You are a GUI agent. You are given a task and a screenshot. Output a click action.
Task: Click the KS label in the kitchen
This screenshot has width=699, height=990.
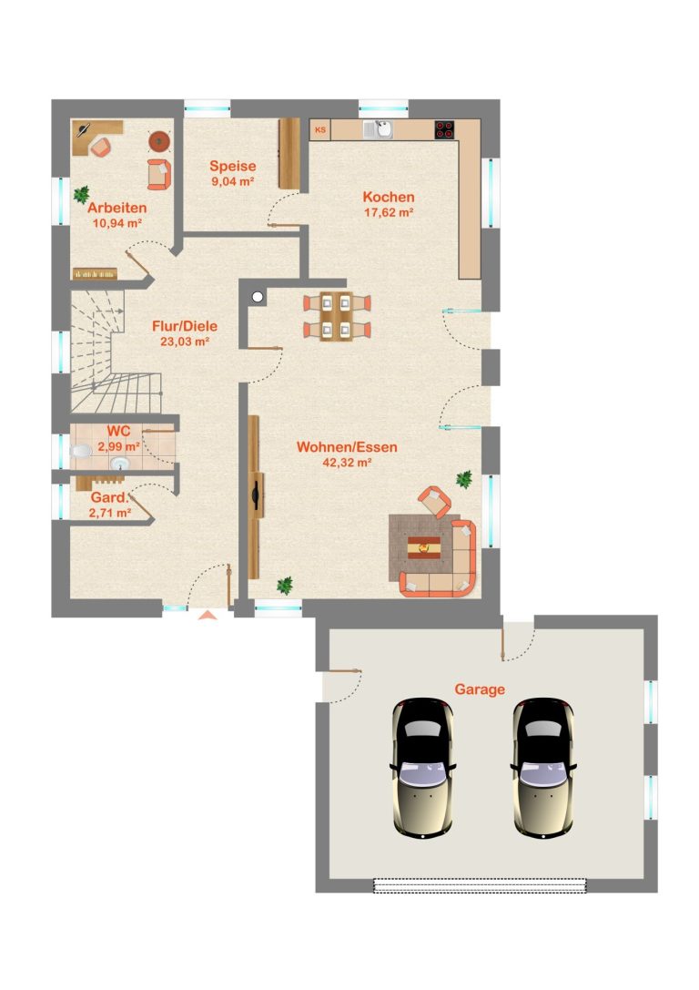[x=320, y=130]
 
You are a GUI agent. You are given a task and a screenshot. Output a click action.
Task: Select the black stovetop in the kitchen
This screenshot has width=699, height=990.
[x=444, y=129]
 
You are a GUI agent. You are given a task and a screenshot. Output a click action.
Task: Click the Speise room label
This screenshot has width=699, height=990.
[x=233, y=166]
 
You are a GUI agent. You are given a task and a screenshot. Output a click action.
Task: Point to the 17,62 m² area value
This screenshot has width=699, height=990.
[x=389, y=212]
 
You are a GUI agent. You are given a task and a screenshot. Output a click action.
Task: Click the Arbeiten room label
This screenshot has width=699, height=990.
[x=117, y=208]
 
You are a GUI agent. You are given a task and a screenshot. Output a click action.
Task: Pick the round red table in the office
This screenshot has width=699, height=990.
[x=159, y=141]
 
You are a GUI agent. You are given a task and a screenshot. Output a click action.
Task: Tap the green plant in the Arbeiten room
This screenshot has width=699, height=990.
[x=81, y=195]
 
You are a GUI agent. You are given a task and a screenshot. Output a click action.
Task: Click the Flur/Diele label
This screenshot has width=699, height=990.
[x=185, y=326]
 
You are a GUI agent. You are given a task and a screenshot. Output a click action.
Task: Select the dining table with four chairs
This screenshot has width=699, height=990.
[x=336, y=316]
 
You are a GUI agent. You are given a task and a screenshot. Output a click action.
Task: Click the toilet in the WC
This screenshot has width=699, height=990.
[x=80, y=452]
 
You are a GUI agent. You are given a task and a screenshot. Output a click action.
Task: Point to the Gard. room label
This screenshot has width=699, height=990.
[x=110, y=497]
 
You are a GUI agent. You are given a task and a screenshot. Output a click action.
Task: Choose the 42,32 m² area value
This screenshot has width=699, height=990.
[x=347, y=462]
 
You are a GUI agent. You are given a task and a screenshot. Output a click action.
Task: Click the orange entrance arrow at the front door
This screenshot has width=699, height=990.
[x=208, y=615]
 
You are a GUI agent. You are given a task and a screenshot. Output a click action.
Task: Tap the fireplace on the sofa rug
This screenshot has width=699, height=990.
[x=424, y=546]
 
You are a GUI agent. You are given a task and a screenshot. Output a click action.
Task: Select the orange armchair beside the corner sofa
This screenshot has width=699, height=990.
[x=434, y=501]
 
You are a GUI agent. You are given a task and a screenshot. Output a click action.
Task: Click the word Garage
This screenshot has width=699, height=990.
[x=480, y=689]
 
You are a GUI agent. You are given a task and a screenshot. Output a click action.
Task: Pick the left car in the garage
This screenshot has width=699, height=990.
[x=422, y=768]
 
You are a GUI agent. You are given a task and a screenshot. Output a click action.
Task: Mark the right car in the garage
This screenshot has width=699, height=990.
[x=543, y=768]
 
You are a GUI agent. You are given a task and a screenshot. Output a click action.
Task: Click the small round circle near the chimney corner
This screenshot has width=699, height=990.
[x=258, y=297]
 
